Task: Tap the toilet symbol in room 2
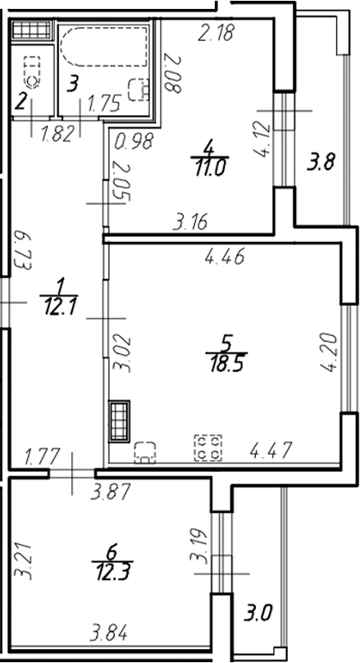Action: [32, 71]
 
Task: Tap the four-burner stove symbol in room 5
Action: [205, 447]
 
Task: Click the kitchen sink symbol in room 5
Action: [146, 450]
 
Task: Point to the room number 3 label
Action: [74, 83]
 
